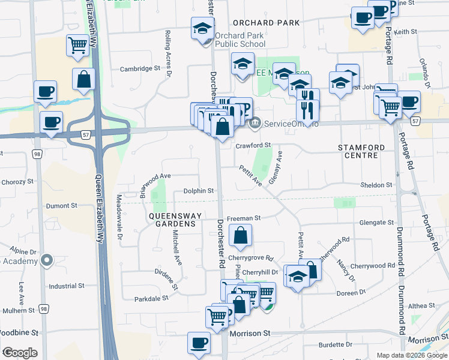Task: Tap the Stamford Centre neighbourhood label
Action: (358, 151)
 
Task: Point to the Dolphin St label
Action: (199, 191)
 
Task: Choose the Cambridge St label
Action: (140, 68)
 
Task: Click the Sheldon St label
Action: (376, 185)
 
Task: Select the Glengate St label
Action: (376, 222)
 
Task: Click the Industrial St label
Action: (67, 286)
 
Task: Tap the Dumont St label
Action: (62, 205)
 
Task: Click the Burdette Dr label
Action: (336, 345)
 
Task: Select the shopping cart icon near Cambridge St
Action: (78, 45)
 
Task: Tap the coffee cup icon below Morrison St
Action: (199, 343)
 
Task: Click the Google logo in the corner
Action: (20, 353)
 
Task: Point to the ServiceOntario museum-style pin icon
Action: (255, 124)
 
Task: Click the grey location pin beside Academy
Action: (46, 260)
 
